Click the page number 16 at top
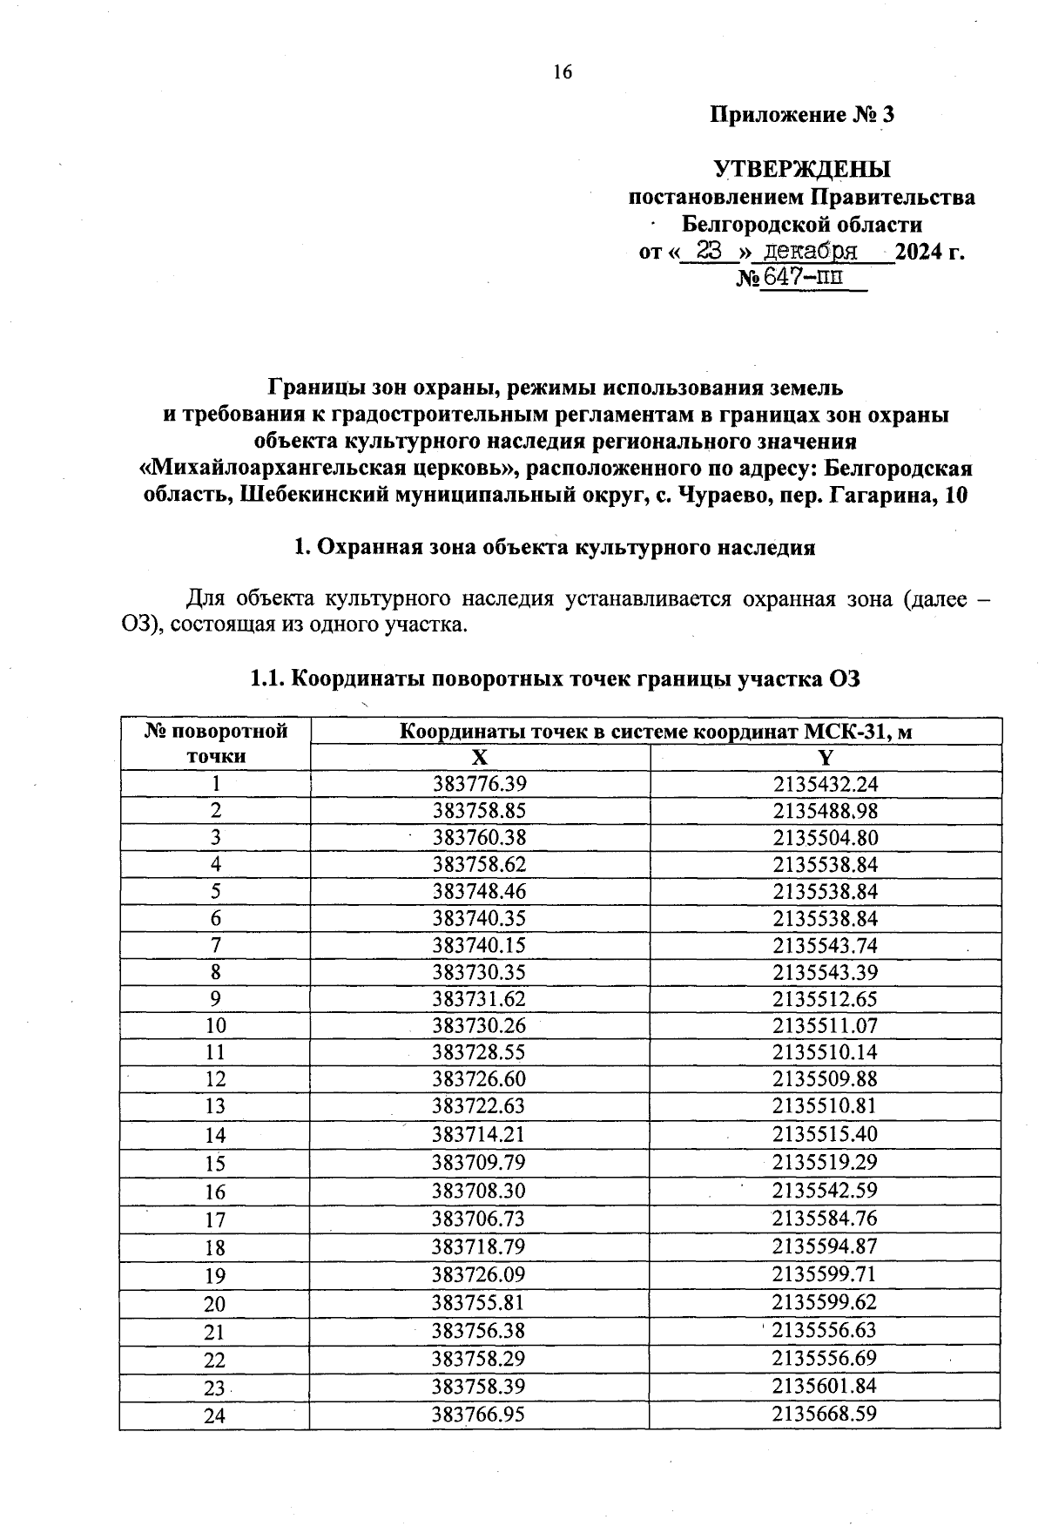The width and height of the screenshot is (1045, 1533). pos(563,72)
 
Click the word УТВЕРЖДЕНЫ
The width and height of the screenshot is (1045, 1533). pos(802,169)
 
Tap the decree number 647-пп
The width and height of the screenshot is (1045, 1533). pos(803,279)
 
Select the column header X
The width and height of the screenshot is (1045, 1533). pos(480,757)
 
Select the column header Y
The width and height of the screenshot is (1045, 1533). pos(826,757)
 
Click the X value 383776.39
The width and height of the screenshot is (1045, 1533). pos(480,784)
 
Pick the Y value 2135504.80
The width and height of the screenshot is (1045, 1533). pos(826,838)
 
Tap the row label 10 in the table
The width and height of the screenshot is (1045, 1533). pos(215,1026)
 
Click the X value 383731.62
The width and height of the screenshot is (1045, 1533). pos(480,999)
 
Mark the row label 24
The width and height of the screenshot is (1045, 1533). pos(215,1415)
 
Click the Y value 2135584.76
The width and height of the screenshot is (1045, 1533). pos(826,1218)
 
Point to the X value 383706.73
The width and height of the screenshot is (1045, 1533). pos(480,1218)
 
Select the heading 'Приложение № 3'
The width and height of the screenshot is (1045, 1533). pos(802,114)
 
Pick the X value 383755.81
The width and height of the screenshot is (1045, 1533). pos(480,1302)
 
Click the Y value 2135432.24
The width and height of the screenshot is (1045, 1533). pos(826,784)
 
